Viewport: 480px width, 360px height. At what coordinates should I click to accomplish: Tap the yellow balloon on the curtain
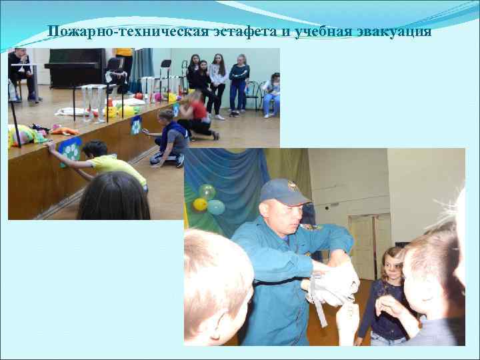click(x=200, y=203)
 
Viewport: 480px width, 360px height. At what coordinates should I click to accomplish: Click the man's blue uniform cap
click(x=283, y=191)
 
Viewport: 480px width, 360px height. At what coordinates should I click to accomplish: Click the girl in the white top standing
click(x=217, y=83)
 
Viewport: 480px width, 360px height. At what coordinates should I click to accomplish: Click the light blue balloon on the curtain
click(x=216, y=206)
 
